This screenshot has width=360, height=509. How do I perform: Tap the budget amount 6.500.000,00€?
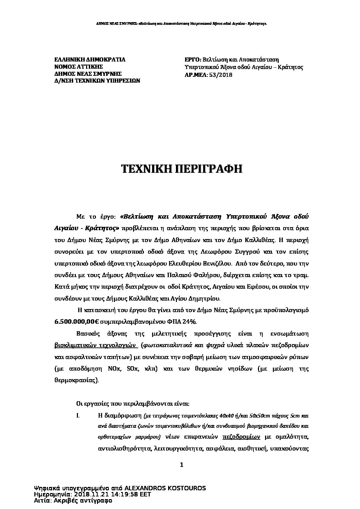74,321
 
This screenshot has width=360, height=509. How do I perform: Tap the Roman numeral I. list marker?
78,415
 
